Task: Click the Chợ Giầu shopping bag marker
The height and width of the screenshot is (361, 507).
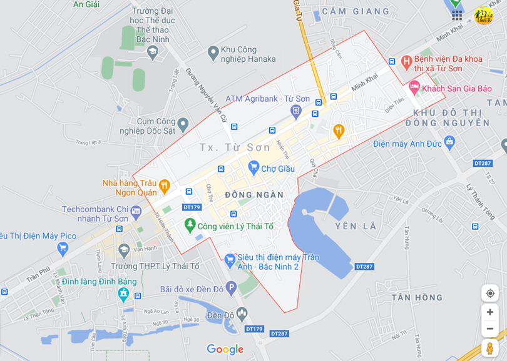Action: coord(253,167)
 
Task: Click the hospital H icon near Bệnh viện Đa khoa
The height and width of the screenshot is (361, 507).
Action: coord(406,62)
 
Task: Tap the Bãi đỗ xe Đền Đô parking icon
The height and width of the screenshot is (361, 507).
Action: coord(231,289)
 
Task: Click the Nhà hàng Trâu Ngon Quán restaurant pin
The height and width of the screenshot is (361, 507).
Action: coord(164,185)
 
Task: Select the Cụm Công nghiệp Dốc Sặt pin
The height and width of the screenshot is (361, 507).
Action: coord(183,125)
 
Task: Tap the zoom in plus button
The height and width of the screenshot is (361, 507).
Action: coord(489,312)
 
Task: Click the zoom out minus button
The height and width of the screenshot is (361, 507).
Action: coord(489,329)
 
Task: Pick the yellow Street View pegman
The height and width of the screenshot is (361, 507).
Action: coord(489,349)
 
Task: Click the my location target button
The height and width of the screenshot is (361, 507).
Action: coord(489,294)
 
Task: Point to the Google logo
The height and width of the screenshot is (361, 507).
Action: coord(225,350)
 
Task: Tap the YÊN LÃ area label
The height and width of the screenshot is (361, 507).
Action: coord(356,226)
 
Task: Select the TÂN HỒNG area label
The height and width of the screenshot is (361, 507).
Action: coord(417,297)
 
